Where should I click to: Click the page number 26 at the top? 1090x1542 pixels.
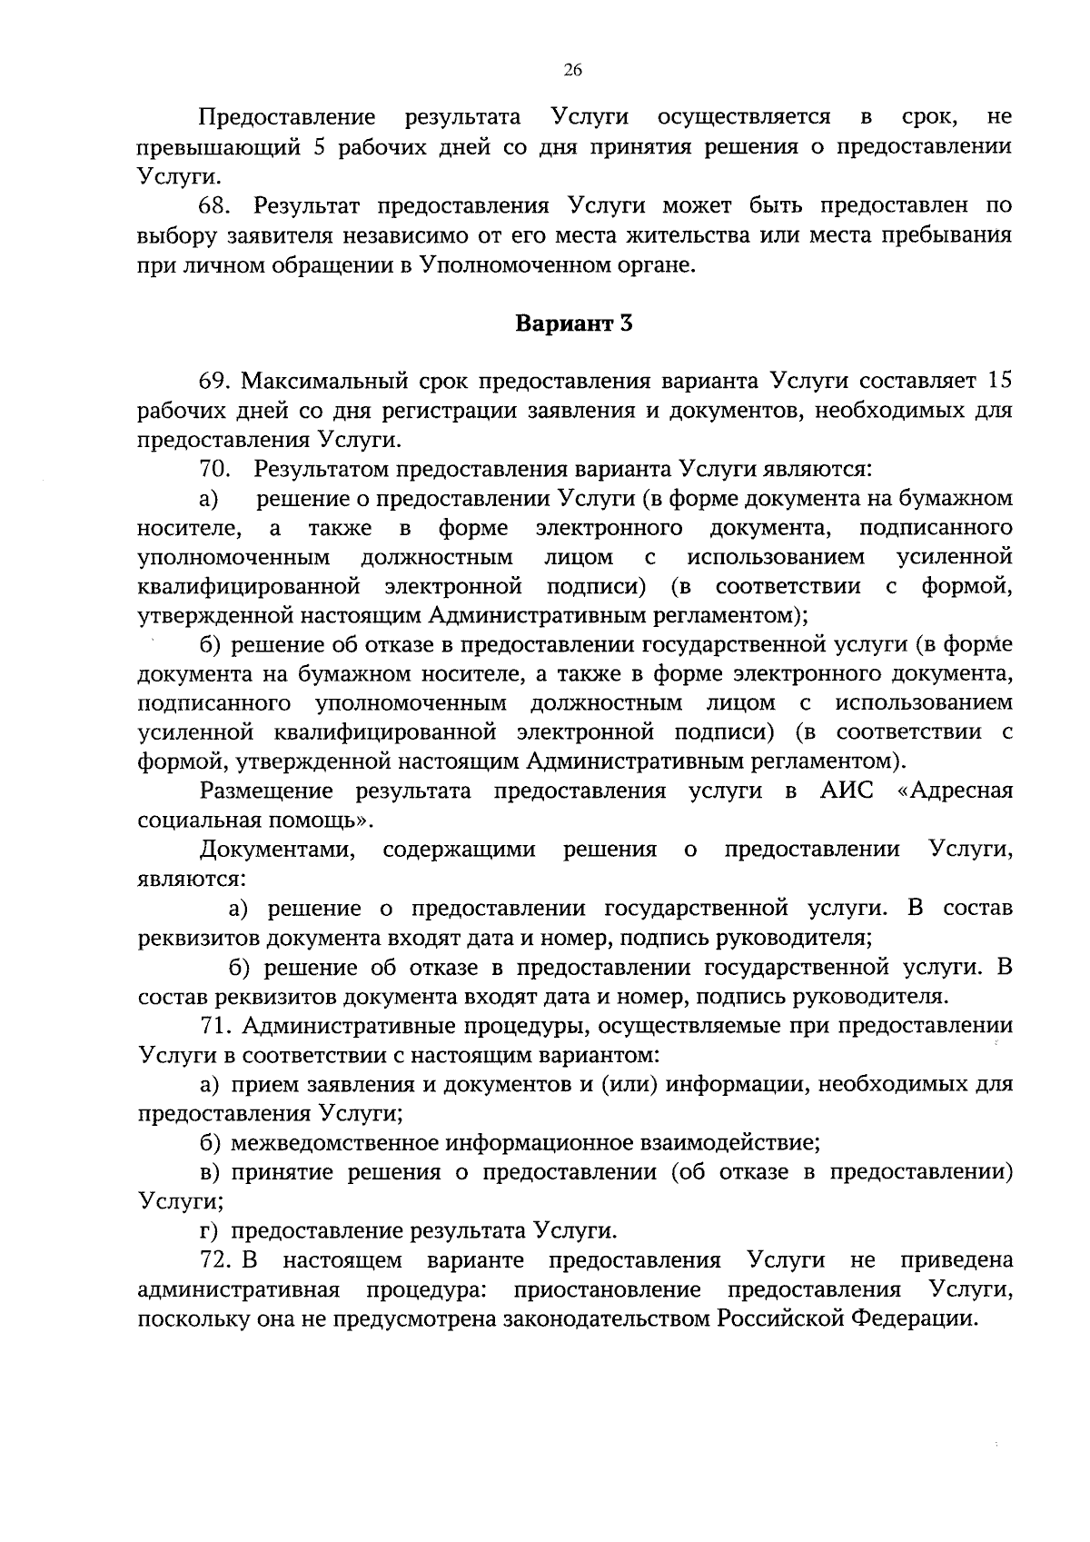[x=572, y=69]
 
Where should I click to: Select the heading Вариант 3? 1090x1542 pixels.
[x=573, y=324]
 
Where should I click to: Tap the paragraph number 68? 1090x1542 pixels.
[x=214, y=206]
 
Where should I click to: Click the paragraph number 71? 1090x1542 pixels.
[x=216, y=1025]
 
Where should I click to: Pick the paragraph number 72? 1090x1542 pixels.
[x=216, y=1260]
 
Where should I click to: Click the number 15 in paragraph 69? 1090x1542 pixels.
[x=998, y=381]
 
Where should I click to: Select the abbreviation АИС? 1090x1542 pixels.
[x=847, y=791]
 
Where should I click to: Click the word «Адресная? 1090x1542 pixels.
[x=955, y=791]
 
